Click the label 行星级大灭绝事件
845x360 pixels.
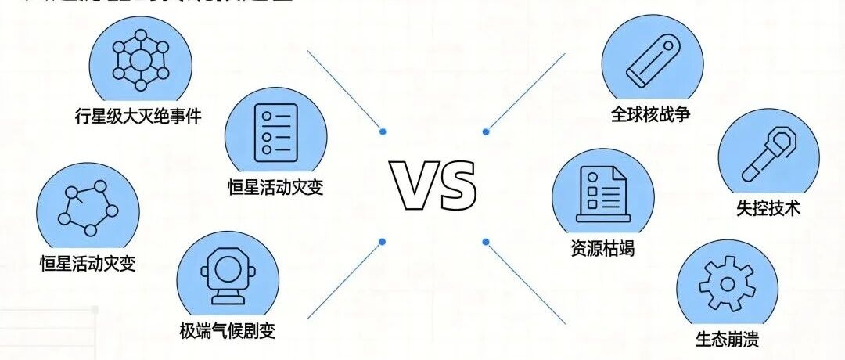(x=138, y=118)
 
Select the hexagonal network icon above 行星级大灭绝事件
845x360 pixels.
(x=140, y=59)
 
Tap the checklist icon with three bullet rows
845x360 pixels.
(x=275, y=132)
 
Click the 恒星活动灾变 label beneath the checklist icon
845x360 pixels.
(x=274, y=188)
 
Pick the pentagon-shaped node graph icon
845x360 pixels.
(x=88, y=207)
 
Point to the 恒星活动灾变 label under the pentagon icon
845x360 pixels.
(x=88, y=263)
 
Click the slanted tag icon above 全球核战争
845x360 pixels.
(x=651, y=60)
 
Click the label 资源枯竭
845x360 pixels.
(x=602, y=250)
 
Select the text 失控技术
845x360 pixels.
(x=768, y=209)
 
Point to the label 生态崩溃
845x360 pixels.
(x=727, y=340)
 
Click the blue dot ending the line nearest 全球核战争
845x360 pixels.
(x=486, y=131)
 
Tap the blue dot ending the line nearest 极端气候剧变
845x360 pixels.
(x=382, y=241)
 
